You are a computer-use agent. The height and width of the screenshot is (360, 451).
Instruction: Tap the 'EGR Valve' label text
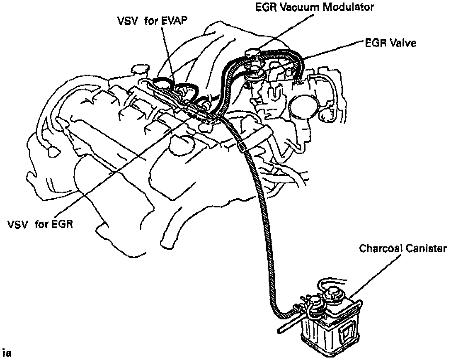391,43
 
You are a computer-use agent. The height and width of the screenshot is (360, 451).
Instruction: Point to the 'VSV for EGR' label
40,226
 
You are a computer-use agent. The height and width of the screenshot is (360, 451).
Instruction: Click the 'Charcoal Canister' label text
403,248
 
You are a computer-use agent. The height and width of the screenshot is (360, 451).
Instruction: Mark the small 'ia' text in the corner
6,353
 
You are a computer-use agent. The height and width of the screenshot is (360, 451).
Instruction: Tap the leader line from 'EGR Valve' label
332,51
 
